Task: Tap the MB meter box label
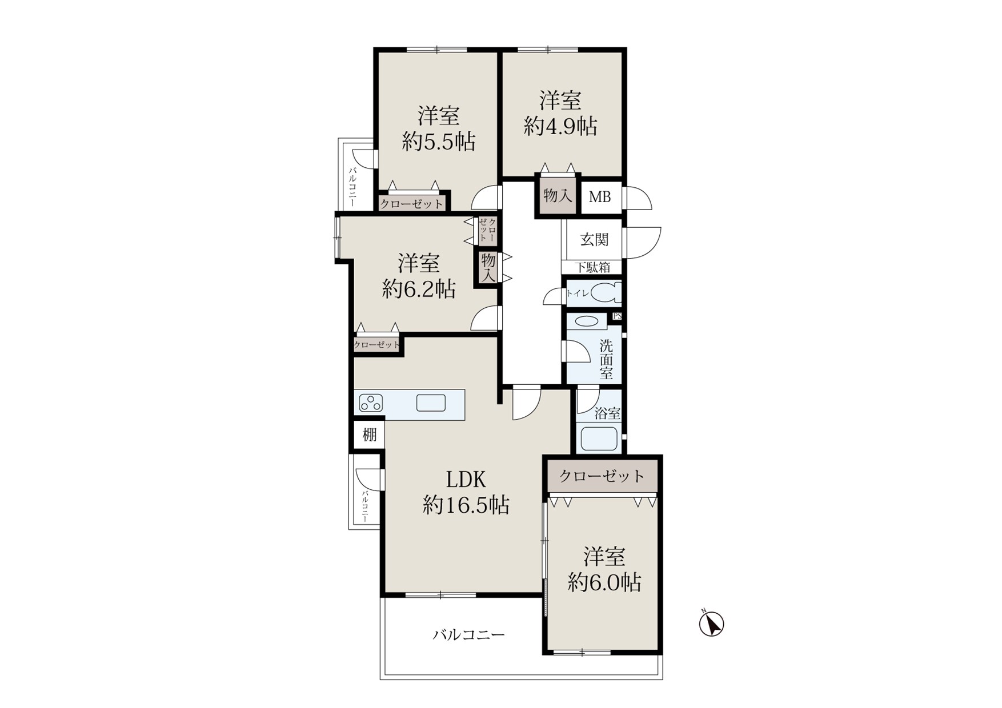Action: tap(600, 197)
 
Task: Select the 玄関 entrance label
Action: tap(594, 239)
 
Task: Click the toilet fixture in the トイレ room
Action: tap(606, 293)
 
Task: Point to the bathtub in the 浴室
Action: tap(599, 439)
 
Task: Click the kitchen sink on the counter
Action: tap(431, 403)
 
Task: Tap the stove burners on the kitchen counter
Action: tap(371, 404)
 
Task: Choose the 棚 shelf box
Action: tap(370, 435)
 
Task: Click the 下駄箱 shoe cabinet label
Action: tap(592, 267)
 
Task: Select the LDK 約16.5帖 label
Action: tap(466, 492)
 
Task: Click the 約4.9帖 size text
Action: tap(560, 126)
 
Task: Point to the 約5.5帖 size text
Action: tap(438, 142)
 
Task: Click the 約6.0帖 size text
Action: tap(604, 582)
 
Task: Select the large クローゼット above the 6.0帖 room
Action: tap(602, 476)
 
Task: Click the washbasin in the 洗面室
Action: tap(587, 321)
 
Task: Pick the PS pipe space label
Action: tap(617, 316)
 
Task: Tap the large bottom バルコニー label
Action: tap(468, 635)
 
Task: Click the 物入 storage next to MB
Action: tap(558, 196)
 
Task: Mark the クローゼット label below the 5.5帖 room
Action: tap(411, 204)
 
